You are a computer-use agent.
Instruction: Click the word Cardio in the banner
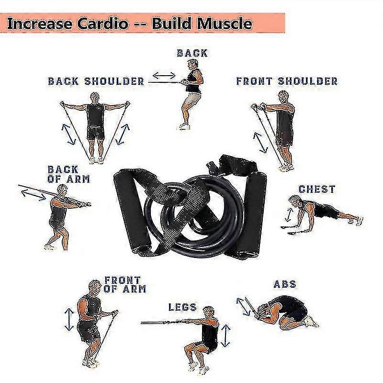[x=103, y=23]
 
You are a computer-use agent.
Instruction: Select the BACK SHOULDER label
[x=96, y=81]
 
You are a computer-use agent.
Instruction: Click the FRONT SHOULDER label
[x=287, y=81]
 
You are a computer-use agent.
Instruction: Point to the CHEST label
[x=317, y=189]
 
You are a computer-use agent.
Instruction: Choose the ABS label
[x=285, y=284]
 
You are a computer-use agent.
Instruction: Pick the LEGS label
[x=182, y=307]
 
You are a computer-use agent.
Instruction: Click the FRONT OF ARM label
[x=124, y=284]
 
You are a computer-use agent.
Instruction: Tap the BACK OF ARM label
[x=68, y=174]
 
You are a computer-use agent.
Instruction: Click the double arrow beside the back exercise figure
[x=164, y=76]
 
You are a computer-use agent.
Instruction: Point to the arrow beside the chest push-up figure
[x=289, y=214]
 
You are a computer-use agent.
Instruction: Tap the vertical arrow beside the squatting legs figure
[x=225, y=336]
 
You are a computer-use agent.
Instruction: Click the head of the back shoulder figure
[x=95, y=98]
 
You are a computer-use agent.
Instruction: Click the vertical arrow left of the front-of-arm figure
[x=69, y=319]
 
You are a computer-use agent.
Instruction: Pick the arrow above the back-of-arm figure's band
[x=34, y=195]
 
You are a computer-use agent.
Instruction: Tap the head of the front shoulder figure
[x=283, y=97]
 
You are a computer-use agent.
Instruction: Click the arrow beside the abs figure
[x=243, y=307]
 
